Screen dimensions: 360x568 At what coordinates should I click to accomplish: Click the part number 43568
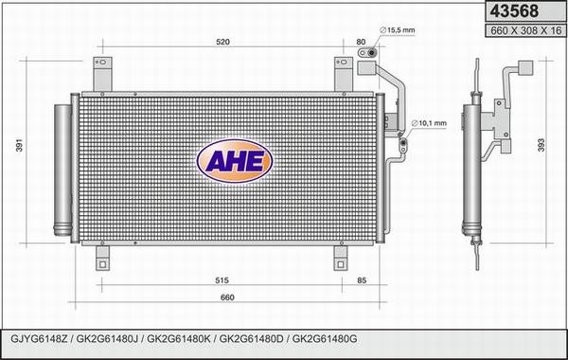point(512,11)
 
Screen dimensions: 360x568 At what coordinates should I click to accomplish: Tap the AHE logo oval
point(234,162)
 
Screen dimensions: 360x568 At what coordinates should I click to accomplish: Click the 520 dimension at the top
point(222,42)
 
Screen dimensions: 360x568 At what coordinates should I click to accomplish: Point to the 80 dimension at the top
point(361,42)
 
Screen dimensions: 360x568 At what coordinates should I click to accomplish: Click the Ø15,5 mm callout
point(396,30)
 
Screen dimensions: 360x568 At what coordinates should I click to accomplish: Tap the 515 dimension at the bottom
point(220,281)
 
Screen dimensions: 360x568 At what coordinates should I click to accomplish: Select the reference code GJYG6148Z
point(38,338)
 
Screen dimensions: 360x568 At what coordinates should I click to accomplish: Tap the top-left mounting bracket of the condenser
point(102,75)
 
